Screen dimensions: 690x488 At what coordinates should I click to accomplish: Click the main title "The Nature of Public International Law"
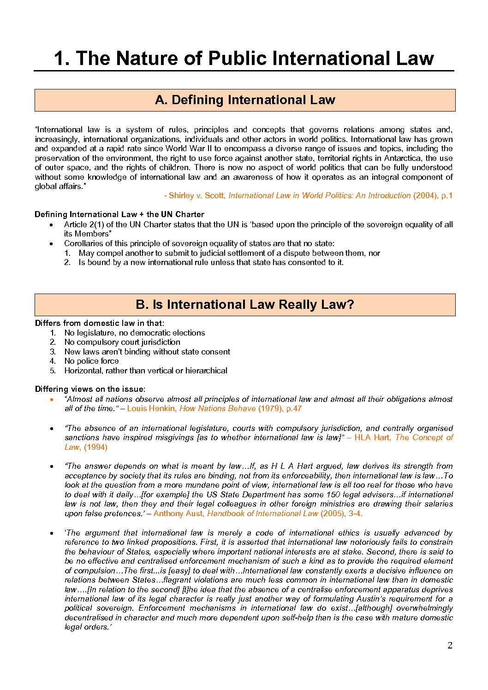pos(244,59)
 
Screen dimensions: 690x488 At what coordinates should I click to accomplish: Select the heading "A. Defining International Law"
pos(244,100)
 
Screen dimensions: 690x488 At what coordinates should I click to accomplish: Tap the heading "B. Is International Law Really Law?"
pos(244,305)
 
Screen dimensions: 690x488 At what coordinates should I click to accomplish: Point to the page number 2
pos(450,645)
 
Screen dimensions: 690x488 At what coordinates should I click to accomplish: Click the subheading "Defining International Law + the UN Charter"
pos(119,214)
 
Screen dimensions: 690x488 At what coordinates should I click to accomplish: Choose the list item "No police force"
pos(91,361)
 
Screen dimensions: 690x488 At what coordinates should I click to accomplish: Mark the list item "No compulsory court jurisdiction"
pos(122,342)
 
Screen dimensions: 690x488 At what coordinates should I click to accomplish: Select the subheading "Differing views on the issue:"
pos(90,389)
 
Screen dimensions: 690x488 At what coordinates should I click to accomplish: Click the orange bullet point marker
pos(52,399)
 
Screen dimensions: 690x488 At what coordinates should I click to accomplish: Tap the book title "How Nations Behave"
pos(217,408)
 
